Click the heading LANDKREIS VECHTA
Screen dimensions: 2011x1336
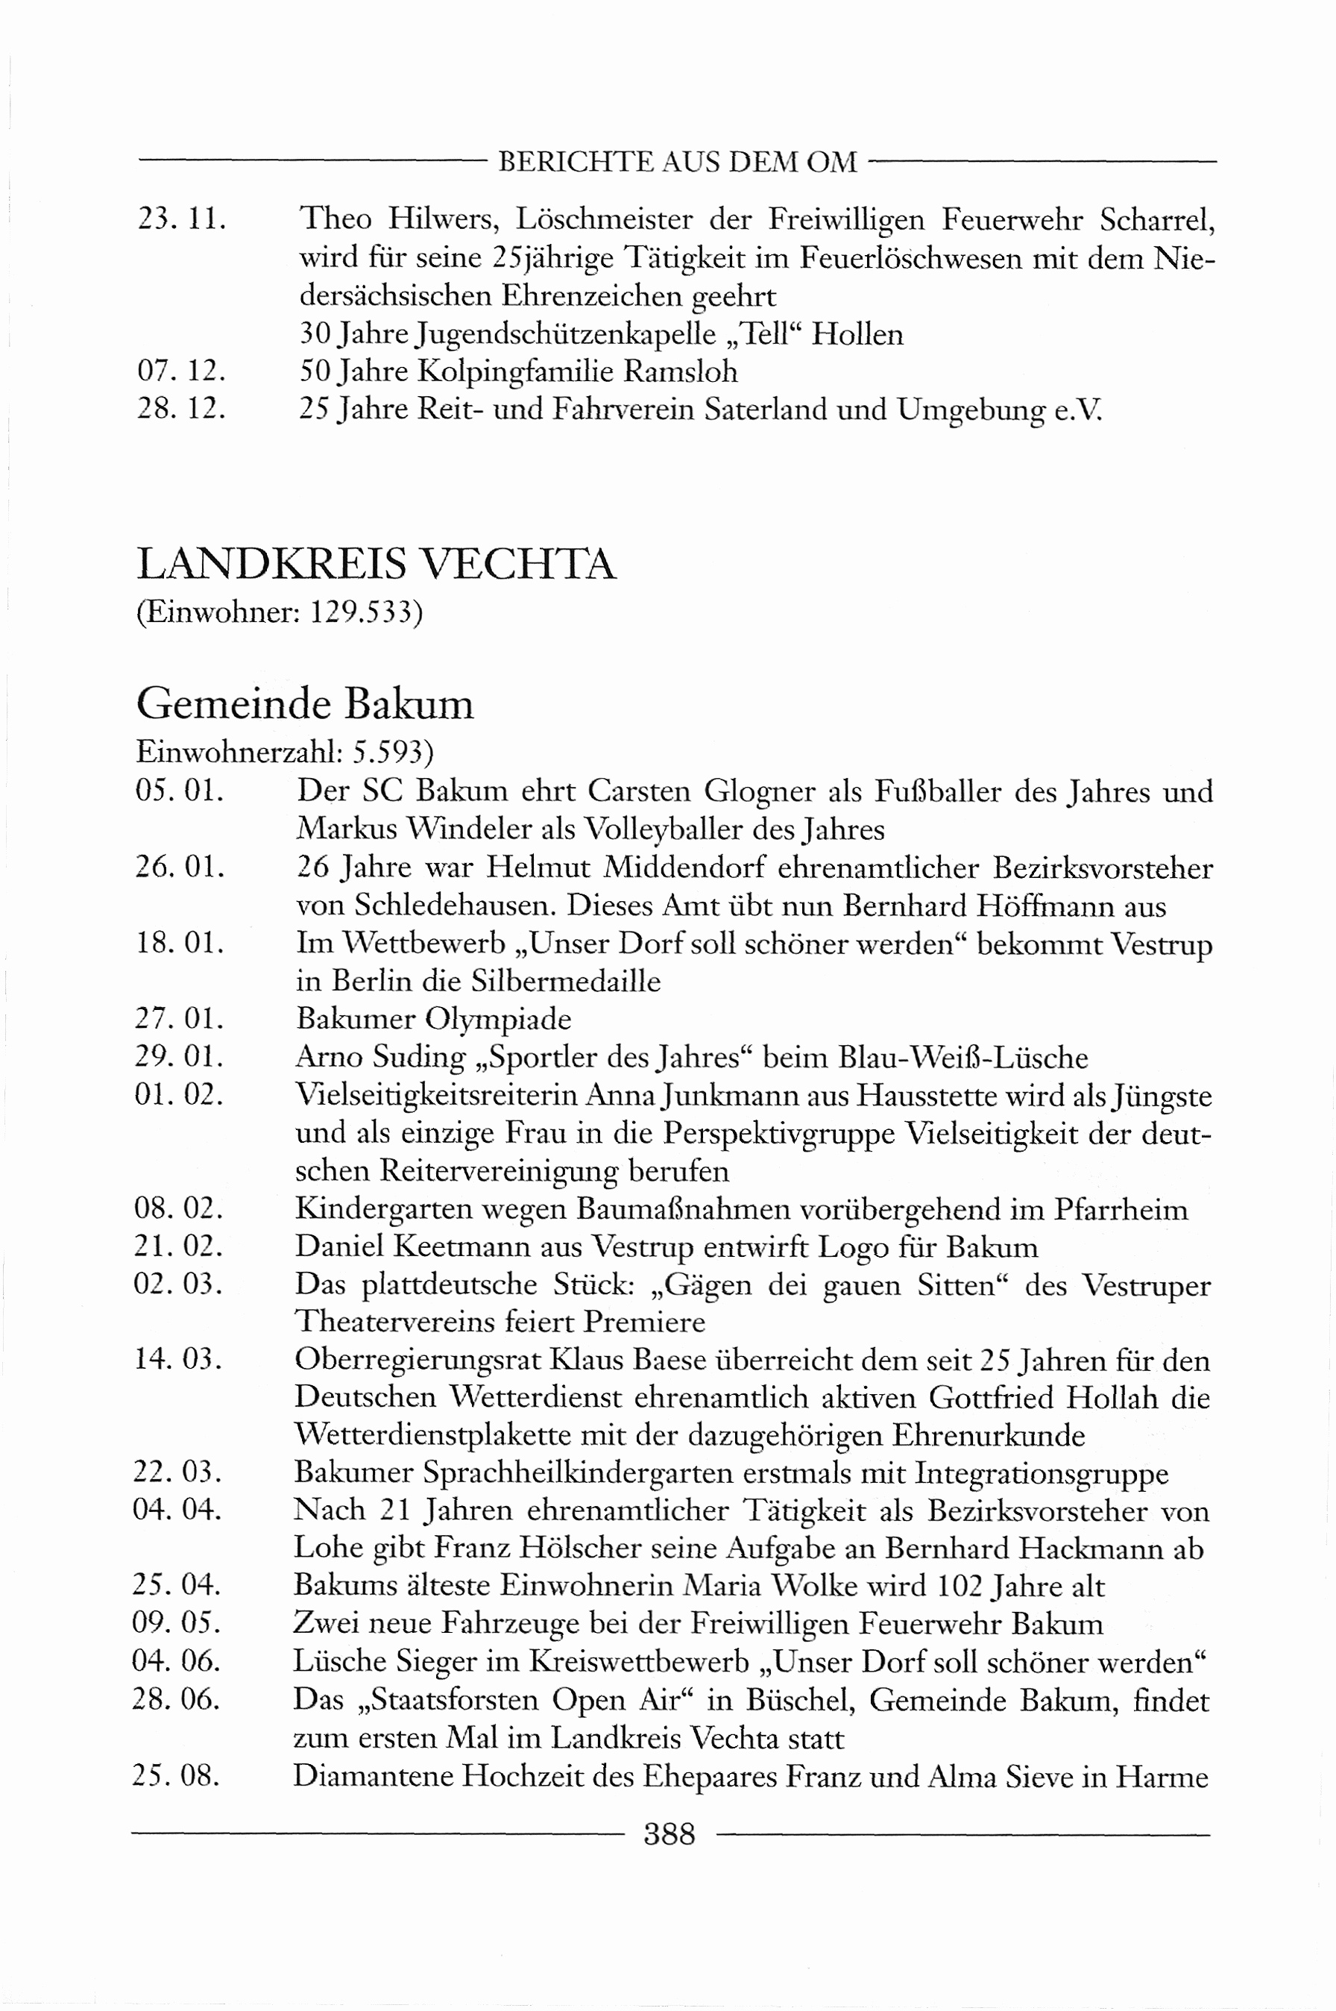pyautogui.click(x=376, y=565)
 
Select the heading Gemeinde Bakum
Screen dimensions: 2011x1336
pyautogui.click(x=305, y=705)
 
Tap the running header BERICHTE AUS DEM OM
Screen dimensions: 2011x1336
pyautogui.click(x=678, y=162)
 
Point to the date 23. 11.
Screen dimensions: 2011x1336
pyautogui.click(x=181, y=220)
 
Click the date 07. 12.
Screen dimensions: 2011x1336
pyautogui.click(x=181, y=371)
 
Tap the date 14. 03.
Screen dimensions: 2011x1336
pyautogui.click(x=177, y=1359)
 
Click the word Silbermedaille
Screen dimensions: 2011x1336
pyautogui.click(x=566, y=981)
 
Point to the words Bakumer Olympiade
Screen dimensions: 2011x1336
pyautogui.click(x=434, y=1020)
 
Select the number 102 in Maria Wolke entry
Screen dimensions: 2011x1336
pyautogui.click(x=961, y=1587)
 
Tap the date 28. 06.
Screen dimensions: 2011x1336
pyautogui.click(x=175, y=1699)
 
